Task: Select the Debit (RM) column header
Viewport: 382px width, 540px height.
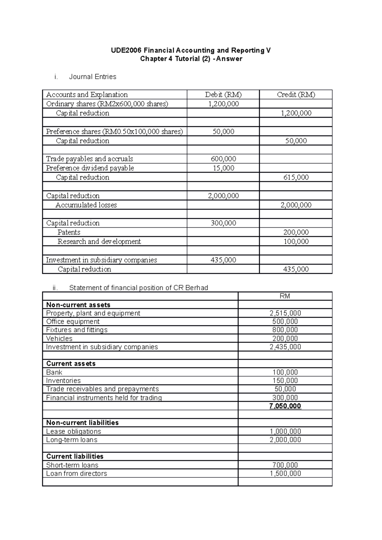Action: [x=223, y=94]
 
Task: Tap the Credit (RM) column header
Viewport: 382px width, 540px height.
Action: [x=296, y=94]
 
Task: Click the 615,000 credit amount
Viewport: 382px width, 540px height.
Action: [x=296, y=177]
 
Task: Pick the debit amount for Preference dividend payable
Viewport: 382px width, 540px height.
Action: [x=223, y=168]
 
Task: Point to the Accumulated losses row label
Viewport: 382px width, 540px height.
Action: [x=86, y=205]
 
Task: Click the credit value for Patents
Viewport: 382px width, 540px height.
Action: [x=296, y=232]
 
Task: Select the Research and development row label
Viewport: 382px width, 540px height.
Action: [x=99, y=242]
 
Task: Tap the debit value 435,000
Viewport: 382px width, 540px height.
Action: [x=223, y=260]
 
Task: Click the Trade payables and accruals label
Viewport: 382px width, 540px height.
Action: [x=89, y=159]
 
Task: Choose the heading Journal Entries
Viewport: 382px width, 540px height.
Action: [x=93, y=77]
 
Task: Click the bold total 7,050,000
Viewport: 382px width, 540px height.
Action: [x=285, y=406]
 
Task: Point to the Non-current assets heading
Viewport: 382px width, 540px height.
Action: [x=78, y=305]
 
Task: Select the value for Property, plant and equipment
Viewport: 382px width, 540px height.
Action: [x=285, y=313]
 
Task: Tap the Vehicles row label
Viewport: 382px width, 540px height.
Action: [x=59, y=338]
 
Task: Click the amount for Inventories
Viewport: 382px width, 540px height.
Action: [x=285, y=381]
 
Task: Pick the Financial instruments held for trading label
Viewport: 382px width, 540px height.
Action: [x=104, y=398]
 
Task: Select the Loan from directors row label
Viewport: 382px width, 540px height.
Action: [x=76, y=474]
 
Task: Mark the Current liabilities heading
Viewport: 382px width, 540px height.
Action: [x=75, y=456]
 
